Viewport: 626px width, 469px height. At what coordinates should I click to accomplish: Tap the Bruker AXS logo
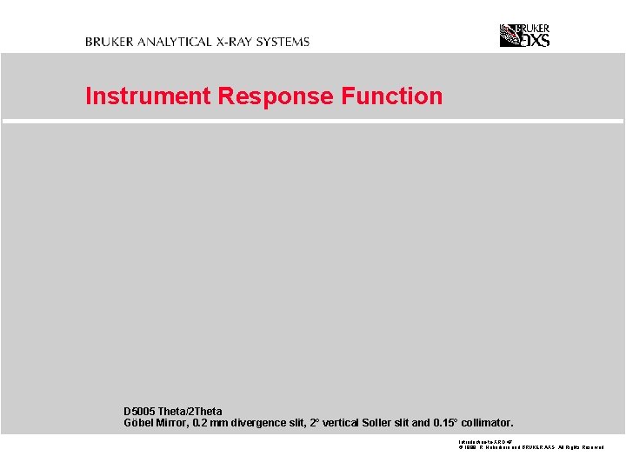pos(524,35)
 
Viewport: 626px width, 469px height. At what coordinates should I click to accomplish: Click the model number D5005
pos(139,412)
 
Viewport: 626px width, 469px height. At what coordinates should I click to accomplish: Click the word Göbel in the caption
pos(139,424)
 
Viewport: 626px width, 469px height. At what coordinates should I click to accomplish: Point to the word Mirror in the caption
pos(173,424)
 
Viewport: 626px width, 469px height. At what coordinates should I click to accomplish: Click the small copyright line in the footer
pos(530,447)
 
